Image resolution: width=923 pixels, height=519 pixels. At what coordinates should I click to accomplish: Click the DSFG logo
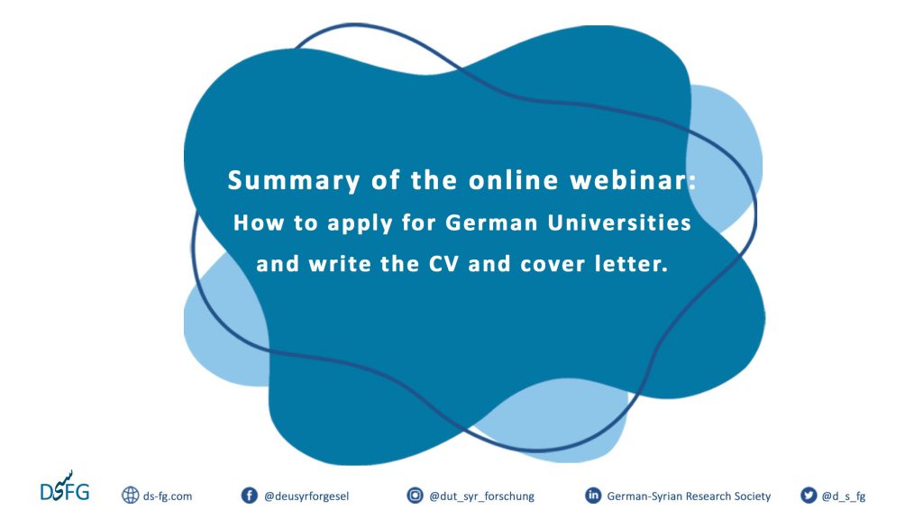tap(65, 487)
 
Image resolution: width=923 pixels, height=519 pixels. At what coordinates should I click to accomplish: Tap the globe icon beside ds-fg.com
tap(130, 496)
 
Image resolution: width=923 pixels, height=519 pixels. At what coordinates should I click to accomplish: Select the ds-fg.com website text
tap(167, 496)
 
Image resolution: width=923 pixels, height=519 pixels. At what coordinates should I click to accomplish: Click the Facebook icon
tap(250, 496)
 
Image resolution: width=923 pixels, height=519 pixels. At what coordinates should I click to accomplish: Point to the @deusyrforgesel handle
tap(306, 496)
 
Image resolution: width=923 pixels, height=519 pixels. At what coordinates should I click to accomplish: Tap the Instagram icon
tap(415, 496)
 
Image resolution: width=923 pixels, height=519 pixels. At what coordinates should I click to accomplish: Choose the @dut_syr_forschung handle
tap(481, 496)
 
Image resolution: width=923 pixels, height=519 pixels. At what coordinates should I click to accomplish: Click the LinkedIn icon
tap(593, 496)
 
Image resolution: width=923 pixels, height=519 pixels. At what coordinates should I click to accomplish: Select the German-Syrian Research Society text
tap(689, 496)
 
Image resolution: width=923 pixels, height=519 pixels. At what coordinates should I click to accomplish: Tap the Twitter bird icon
tap(809, 496)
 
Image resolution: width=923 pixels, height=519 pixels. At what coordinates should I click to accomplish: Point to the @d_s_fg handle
tap(844, 496)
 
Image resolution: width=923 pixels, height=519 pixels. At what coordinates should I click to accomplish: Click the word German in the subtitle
tap(491, 223)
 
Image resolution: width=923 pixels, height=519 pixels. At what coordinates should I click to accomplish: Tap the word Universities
tap(619, 223)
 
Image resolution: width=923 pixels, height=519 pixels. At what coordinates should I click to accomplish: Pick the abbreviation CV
tap(443, 264)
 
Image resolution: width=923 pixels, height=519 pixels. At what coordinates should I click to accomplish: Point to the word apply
tap(361, 224)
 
